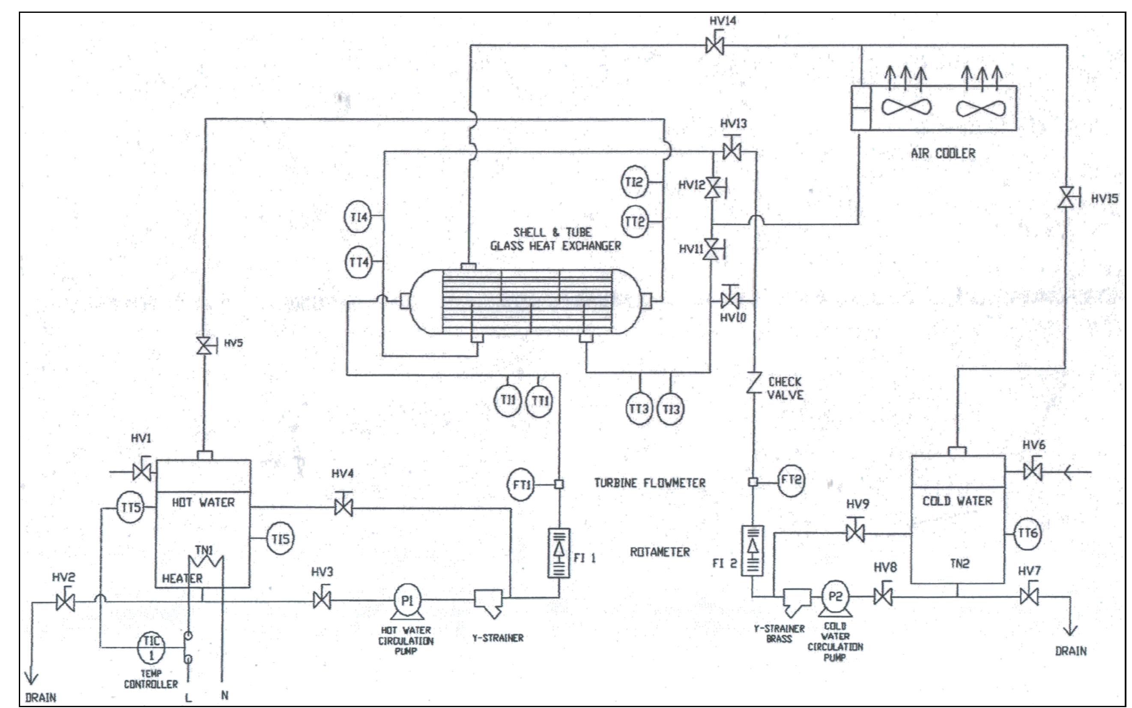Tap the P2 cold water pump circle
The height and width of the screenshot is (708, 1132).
[835, 597]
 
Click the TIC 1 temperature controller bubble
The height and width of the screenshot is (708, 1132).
[151, 648]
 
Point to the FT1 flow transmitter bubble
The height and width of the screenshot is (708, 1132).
[520, 484]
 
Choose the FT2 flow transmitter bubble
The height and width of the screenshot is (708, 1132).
[791, 480]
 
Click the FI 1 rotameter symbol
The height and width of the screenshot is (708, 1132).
[559, 553]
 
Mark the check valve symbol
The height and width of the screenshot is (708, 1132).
[753, 383]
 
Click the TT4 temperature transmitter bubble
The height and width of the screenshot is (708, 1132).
[358, 262]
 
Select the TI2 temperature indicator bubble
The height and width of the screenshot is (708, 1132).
[635, 182]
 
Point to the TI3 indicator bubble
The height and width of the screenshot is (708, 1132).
[671, 409]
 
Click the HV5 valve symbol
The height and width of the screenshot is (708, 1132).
[203, 346]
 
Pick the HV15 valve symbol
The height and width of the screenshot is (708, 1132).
[1067, 198]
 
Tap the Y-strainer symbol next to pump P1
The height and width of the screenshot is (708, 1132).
[488, 602]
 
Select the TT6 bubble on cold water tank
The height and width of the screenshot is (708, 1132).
[1027, 533]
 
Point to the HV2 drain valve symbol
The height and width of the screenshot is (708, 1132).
[65, 602]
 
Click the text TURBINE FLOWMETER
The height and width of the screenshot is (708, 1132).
[650, 483]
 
